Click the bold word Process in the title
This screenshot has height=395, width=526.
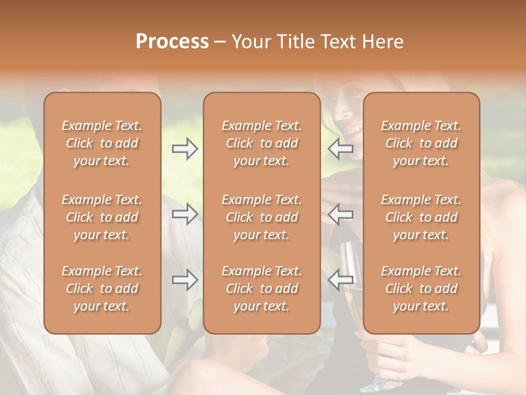point(172,42)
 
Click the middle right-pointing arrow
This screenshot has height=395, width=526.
point(185,215)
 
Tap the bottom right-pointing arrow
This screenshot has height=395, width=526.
point(185,280)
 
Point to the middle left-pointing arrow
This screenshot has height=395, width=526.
point(340,215)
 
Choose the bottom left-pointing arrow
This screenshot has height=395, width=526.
point(340,280)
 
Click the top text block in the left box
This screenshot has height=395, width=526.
point(102,143)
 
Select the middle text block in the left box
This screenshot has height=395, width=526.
point(102,217)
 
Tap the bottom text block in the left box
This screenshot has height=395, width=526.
point(102,289)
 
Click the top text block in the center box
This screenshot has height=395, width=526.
point(261,143)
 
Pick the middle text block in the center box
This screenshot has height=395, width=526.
point(261,217)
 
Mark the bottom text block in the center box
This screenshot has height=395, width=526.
point(261,289)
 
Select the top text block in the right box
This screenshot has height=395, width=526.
point(421,143)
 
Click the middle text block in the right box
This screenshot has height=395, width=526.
point(421,217)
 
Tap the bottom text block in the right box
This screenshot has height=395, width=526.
point(421,289)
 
